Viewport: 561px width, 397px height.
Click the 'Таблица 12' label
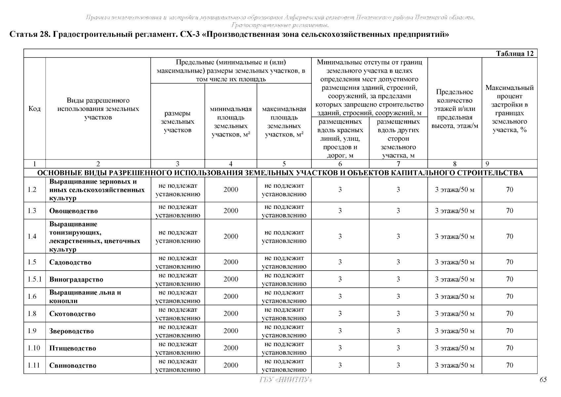coord(515,54)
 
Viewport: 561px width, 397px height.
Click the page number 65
coord(543,380)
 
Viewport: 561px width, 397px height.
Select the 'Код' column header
coord(34,109)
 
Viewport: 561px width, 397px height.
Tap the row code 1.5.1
coord(34,279)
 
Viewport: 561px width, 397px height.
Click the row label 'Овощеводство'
coord(73,211)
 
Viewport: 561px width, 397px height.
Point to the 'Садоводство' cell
coord(70,262)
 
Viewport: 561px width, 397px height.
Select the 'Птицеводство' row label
coord(72,348)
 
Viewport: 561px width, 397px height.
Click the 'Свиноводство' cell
coord(73,366)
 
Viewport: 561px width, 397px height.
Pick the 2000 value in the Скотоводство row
coord(230,314)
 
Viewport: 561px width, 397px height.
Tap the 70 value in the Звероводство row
coord(509,331)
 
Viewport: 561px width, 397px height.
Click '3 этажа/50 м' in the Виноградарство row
coord(454,279)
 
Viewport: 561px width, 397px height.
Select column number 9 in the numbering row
coord(487,164)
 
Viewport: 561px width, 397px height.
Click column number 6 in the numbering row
coord(340,164)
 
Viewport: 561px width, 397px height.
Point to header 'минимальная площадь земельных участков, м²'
coord(230,122)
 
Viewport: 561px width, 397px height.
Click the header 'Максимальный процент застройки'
coord(509,109)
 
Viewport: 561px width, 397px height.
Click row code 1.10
coord(34,348)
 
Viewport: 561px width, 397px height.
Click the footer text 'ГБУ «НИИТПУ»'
coord(285,380)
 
